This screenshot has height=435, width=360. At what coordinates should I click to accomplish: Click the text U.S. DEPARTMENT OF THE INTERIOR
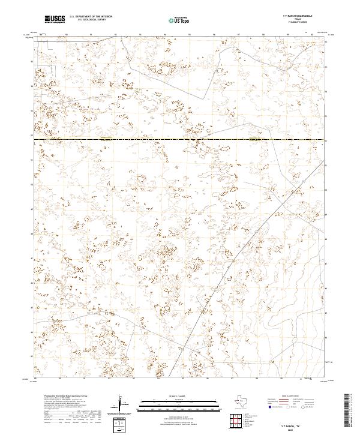point(91,17)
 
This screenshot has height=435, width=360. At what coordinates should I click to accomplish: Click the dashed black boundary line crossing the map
point(180,140)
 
